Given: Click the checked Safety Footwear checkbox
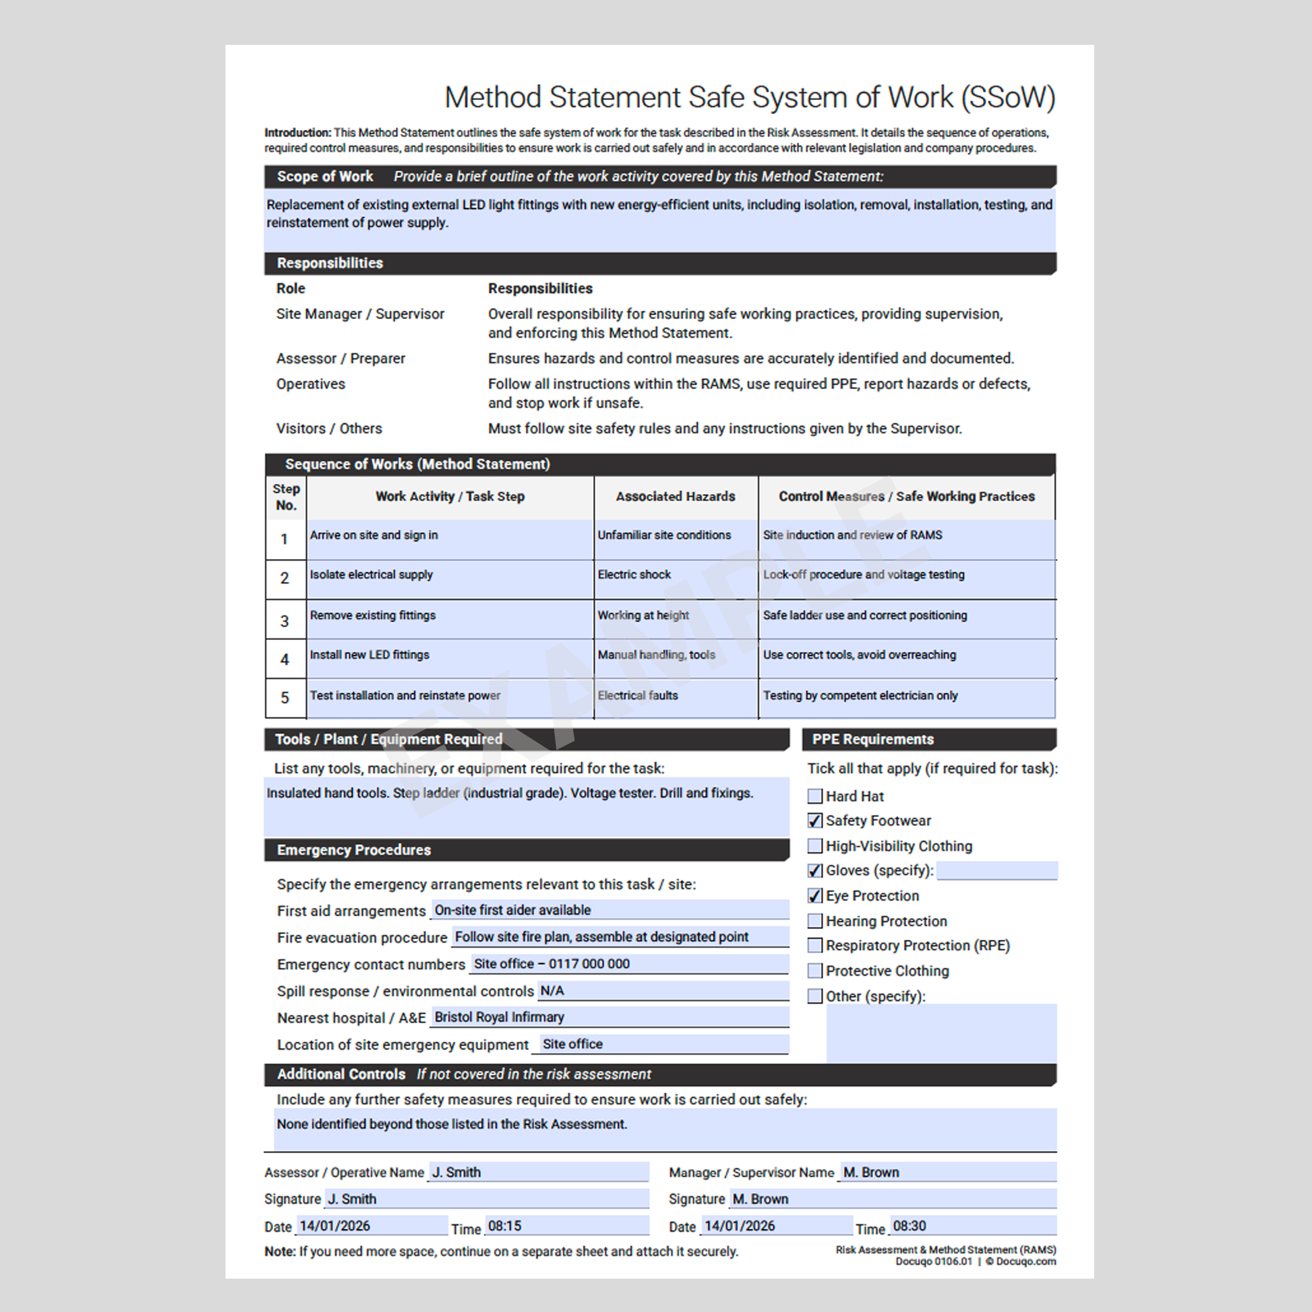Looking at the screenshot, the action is (814, 821).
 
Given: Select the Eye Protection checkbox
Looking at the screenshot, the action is (814, 896).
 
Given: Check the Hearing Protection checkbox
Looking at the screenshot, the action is (814, 921).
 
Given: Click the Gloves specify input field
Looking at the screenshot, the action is (996, 870).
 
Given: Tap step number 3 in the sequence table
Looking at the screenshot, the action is (285, 621).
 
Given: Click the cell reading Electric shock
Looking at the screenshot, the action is (634, 574).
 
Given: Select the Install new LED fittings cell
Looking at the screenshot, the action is (369, 655).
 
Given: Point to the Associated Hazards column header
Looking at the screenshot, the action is (675, 496).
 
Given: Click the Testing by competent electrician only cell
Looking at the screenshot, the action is (860, 695).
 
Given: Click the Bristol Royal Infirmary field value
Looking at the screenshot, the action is (499, 1017).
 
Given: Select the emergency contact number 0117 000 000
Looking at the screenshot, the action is (589, 963).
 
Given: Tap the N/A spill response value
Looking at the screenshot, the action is (552, 991).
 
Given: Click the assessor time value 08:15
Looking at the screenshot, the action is (504, 1226).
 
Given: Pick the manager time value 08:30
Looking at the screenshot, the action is (910, 1226).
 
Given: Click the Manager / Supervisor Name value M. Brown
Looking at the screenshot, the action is (871, 1172).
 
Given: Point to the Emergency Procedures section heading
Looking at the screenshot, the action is (354, 849).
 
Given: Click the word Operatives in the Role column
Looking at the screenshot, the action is (310, 384).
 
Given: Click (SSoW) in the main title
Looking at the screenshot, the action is (1008, 97).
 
